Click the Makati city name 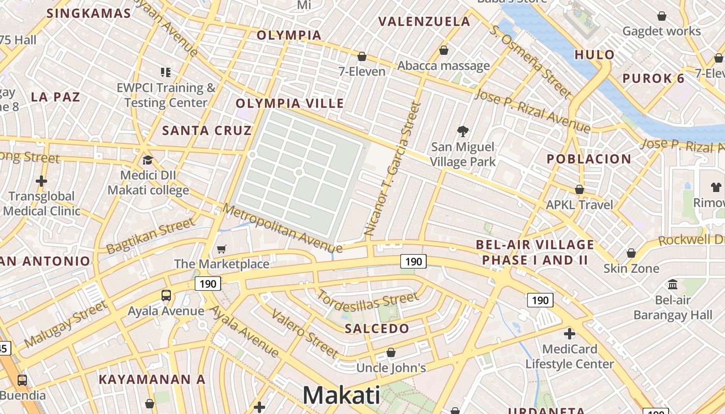click(x=341, y=395)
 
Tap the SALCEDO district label click(x=377, y=328)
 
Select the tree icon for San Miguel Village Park click(x=462, y=131)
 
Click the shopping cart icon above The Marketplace click(x=222, y=249)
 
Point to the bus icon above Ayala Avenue click(x=166, y=295)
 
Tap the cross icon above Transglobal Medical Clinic click(x=41, y=181)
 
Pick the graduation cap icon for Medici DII click(x=148, y=159)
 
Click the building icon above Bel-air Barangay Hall click(x=673, y=284)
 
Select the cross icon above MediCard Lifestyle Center click(x=570, y=334)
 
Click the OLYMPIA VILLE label click(x=290, y=103)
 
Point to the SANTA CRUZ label click(x=207, y=130)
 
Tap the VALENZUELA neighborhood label click(x=425, y=22)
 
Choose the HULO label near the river click(x=594, y=54)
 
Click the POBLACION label click(x=589, y=159)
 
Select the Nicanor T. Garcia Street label click(x=393, y=169)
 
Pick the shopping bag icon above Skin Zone click(x=631, y=253)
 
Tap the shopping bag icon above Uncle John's click(x=391, y=352)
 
